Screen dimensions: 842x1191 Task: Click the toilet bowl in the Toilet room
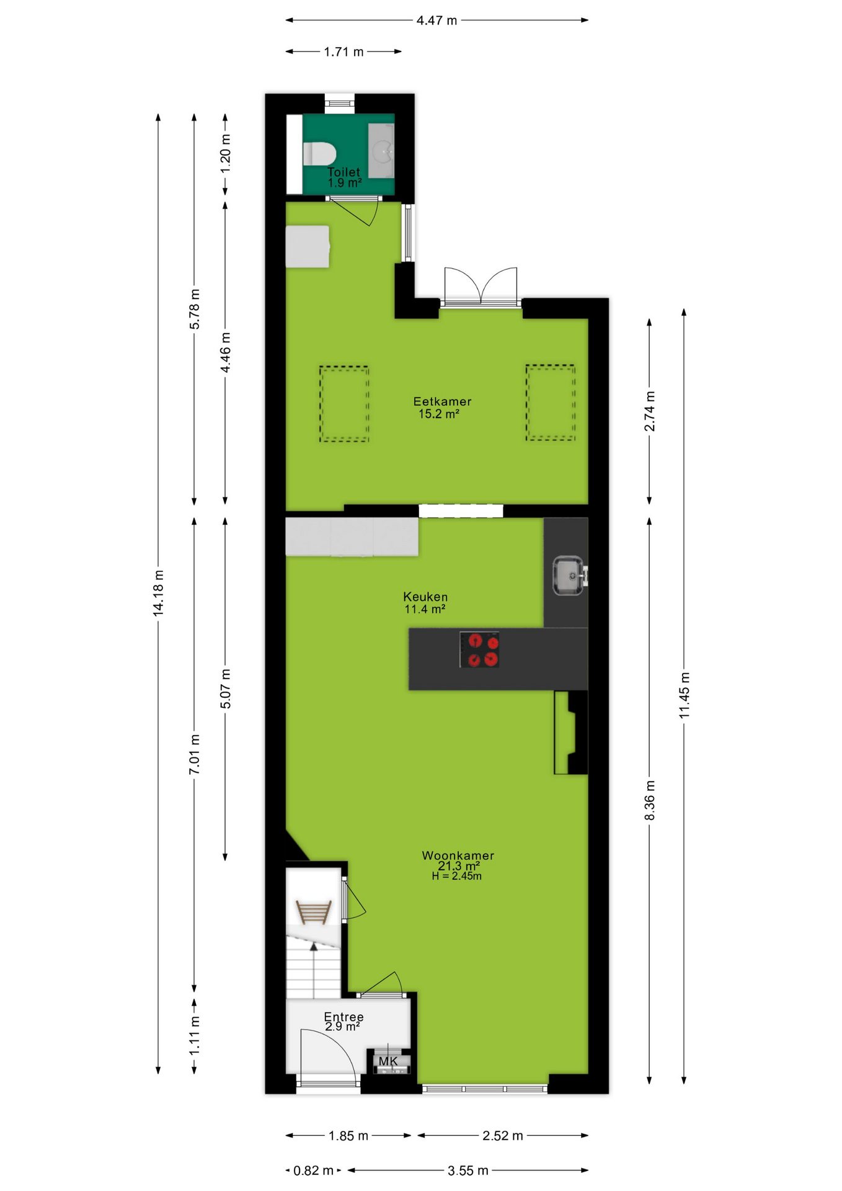click(x=319, y=153)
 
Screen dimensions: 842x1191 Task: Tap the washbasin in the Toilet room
click(x=381, y=150)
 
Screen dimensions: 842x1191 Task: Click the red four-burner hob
click(x=479, y=649)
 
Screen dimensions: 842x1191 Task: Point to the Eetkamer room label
click(x=442, y=401)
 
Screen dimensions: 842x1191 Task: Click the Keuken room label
click(x=425, y=597)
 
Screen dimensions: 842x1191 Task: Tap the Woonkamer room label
click(x=458, y=855)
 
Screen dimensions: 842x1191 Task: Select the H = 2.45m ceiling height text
click(x=457, y=876)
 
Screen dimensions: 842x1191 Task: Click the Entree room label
click(x=343, y=1017)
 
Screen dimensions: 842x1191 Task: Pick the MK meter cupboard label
click(x=388, y=1061)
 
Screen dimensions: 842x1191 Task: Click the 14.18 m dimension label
click(x=159, y=593)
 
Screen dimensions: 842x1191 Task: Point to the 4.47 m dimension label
click(x=437, y=20)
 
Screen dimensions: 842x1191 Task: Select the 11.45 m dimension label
click(x=684, y=695)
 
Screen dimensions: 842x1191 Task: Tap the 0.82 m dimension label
click(x=313, y=1171)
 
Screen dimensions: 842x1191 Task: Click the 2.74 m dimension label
click(x=649, y=411)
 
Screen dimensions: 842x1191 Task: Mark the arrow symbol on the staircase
click(x=314, y=947)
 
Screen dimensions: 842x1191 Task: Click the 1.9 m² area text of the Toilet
click(x=345, y=183)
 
